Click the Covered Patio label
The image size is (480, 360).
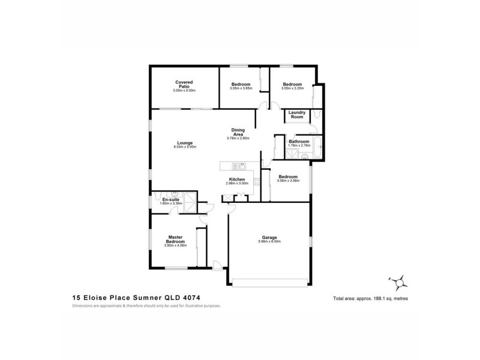(184, 84)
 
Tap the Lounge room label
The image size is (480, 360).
(185, 142)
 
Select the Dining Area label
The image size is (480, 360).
(238, 132)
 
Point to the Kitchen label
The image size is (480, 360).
(236, 180)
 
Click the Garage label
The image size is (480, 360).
(269, 236)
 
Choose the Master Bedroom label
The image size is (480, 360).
(175, 239)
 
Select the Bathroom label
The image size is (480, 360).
(299, 142)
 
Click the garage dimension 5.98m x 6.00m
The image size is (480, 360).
(269, 241)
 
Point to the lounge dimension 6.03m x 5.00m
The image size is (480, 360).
(185, 147)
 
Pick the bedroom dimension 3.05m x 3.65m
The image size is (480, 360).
(241, 88)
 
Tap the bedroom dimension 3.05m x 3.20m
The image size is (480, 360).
(293, 88)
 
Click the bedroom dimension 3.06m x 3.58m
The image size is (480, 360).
(288, 181)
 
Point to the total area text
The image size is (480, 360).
(370, 298)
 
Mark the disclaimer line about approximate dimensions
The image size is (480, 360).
(147, 305)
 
